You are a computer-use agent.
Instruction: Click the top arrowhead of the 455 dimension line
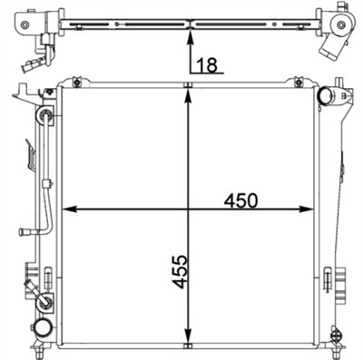[188, 95]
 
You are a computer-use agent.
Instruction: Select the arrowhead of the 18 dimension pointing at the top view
[188, 35]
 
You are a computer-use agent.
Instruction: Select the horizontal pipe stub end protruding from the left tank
[23, 231]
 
